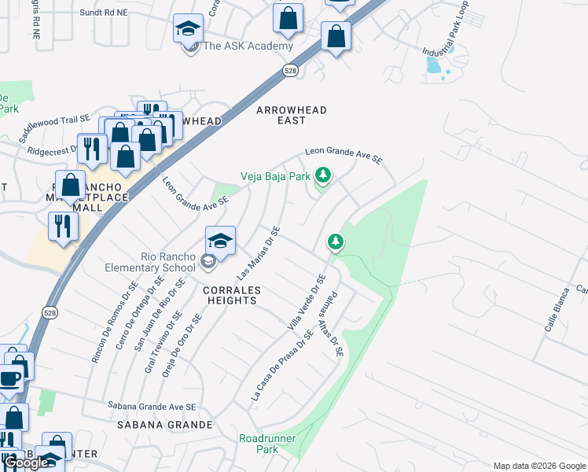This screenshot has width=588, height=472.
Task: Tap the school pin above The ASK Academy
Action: tap(189, 30)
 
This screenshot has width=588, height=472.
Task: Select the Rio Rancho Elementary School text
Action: tap(149, 263)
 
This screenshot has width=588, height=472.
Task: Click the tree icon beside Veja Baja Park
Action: tap(322, 174)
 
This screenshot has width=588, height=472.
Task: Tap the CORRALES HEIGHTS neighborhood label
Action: tap(230, 295)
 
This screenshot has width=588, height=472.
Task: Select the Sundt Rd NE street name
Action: tap(103, 13)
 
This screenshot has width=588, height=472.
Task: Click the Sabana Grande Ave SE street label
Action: tap(151, 407)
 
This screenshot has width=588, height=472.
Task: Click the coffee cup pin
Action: tap(9, 379)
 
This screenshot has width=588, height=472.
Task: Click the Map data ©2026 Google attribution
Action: tap(539, 465)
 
